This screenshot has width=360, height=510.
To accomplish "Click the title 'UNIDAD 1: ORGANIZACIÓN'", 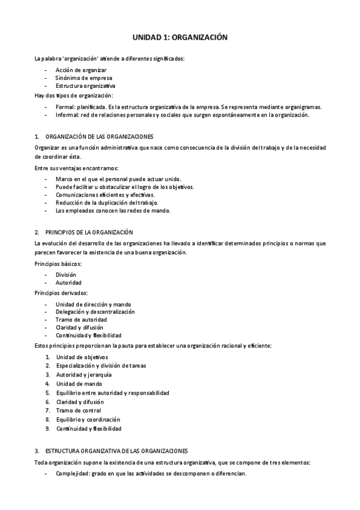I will click(180, 37).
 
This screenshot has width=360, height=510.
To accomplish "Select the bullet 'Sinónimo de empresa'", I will click(84, 78).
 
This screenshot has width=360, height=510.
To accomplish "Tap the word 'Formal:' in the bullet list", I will click(66, 107).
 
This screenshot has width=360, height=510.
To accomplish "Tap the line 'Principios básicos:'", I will click(58, 263).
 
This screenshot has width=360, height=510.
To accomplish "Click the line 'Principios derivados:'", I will click(61, 293).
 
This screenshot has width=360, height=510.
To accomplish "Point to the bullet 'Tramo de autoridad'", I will click(80, 319).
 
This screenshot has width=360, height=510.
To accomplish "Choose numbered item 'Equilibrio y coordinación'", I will click(88, 419).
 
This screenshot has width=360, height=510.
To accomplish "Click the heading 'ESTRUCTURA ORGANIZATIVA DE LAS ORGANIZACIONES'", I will click(117, 450).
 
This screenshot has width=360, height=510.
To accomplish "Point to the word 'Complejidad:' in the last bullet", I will click(73, 473).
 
